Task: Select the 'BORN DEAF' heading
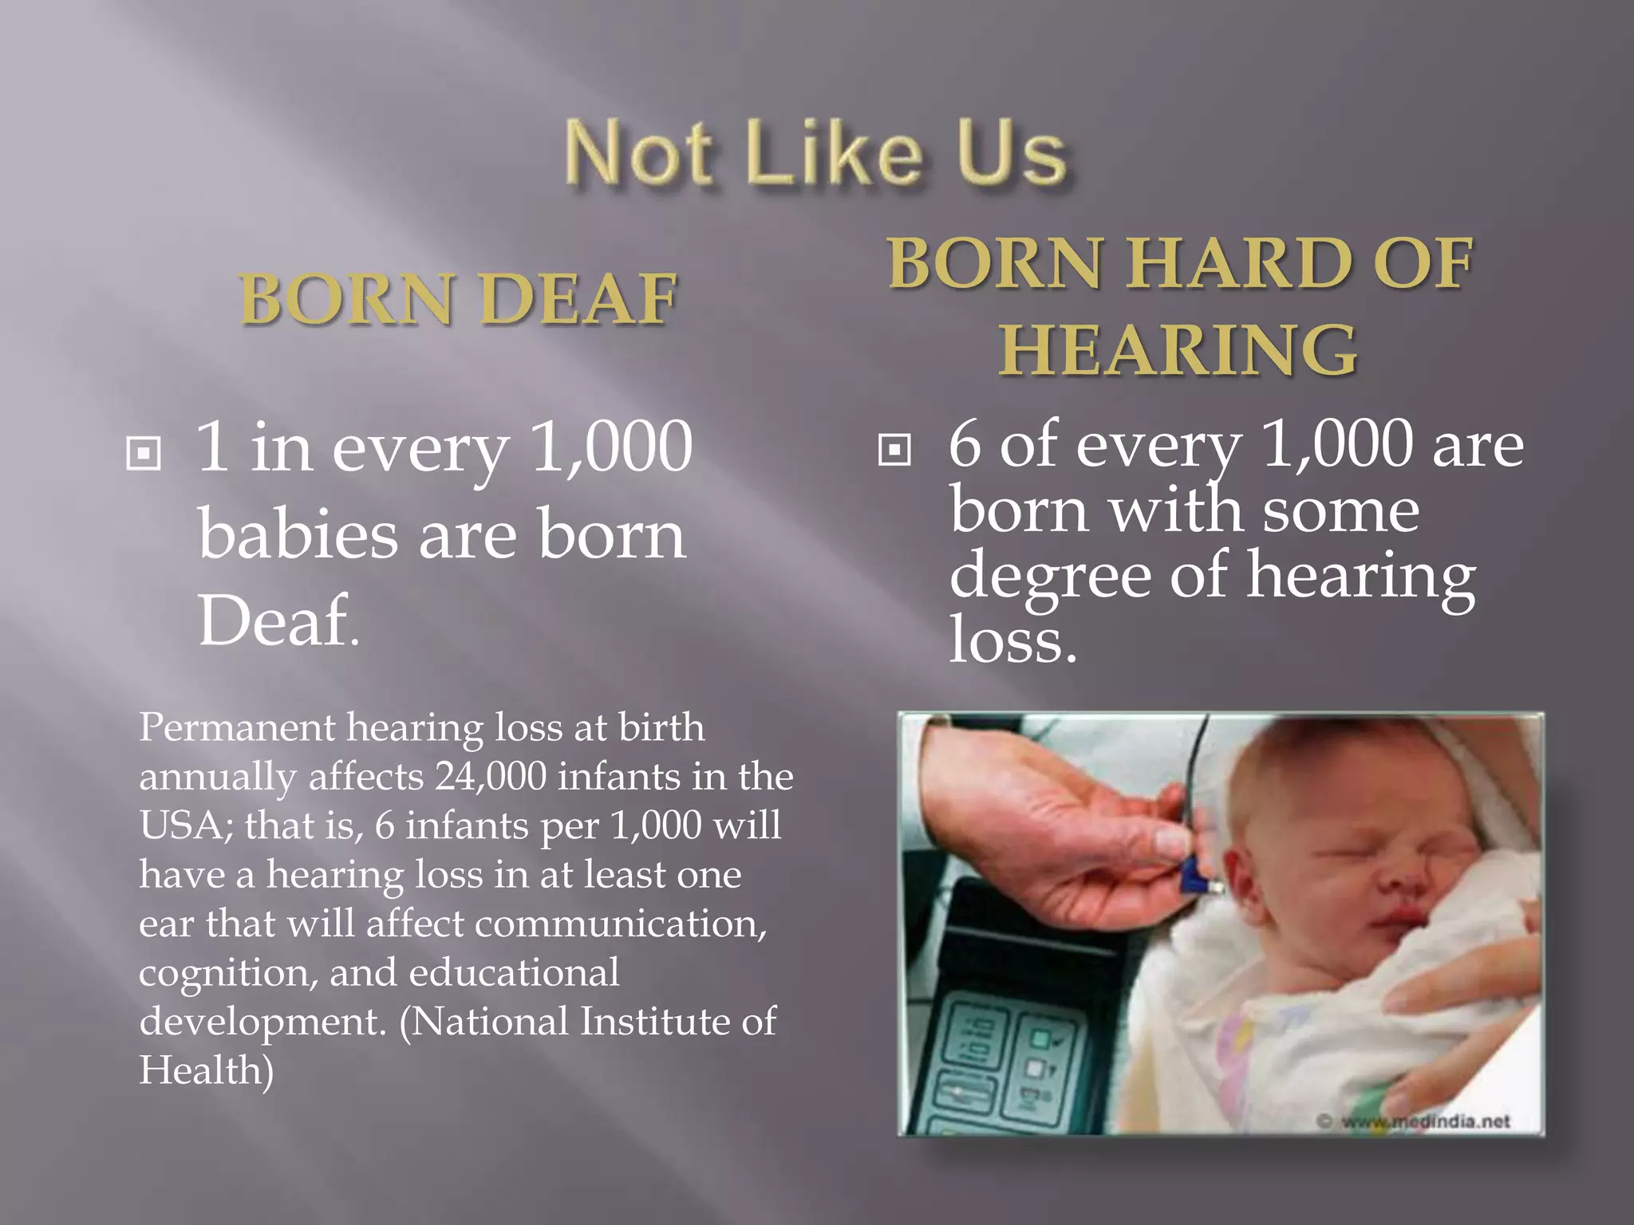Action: pyautogui.click(x=458, y=299)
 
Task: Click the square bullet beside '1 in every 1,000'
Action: pyautogui.click(x=144, y=454)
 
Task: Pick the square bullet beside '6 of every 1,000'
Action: pyautogui.click(x=894, y=450)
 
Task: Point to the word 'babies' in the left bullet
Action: pyautogui.click(x=297, y=534)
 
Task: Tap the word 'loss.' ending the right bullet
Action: pyautogui.click(x=1012, y=640)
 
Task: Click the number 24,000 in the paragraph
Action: pyautogui.click(x=490, y=777)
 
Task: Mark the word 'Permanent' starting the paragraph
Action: pyautogui.click(x=237, y=728)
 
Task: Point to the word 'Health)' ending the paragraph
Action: pyautogui.click(x=206, y=1070)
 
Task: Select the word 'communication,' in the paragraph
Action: pyautogui.click(x=620, y=924)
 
